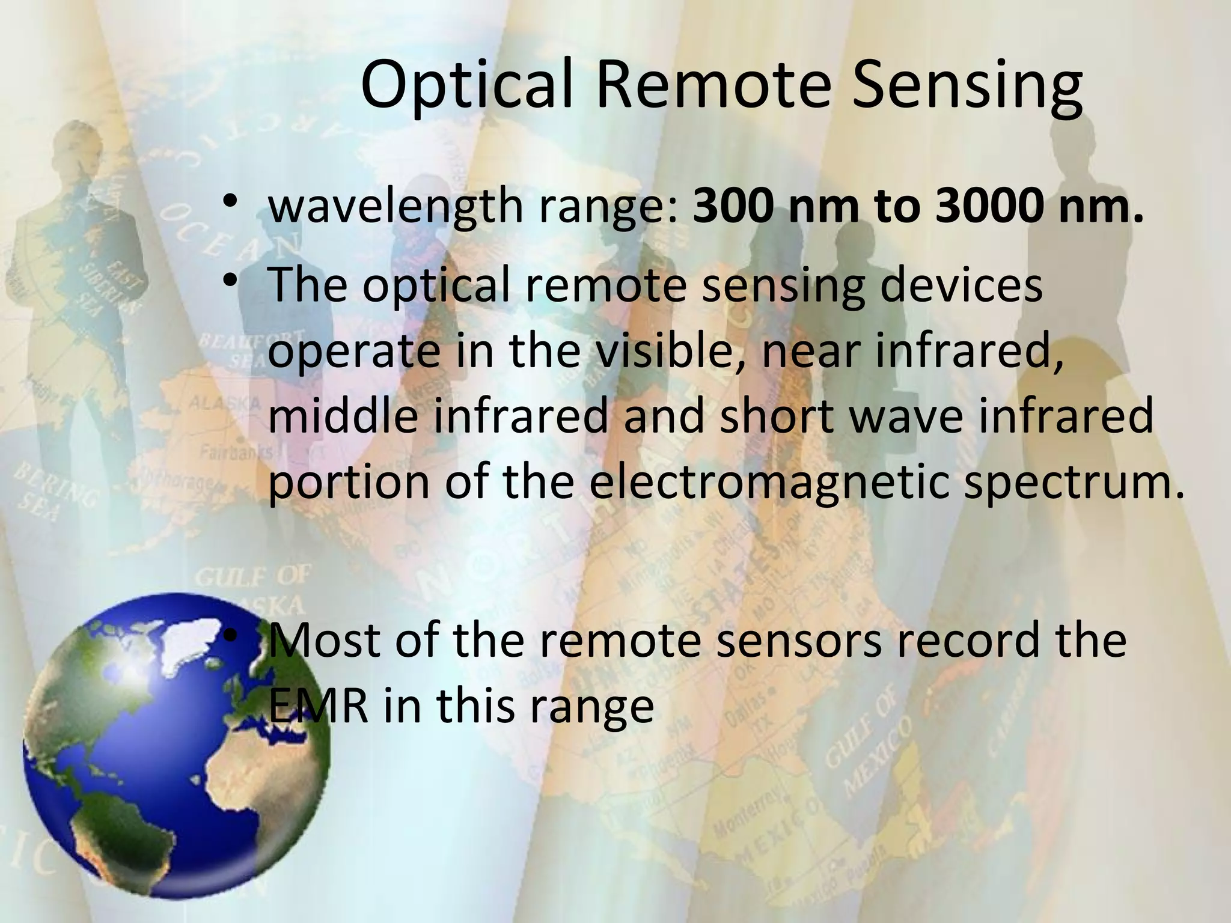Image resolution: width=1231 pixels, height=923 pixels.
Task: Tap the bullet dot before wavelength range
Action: pyautogui.click(x=228, y=201)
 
